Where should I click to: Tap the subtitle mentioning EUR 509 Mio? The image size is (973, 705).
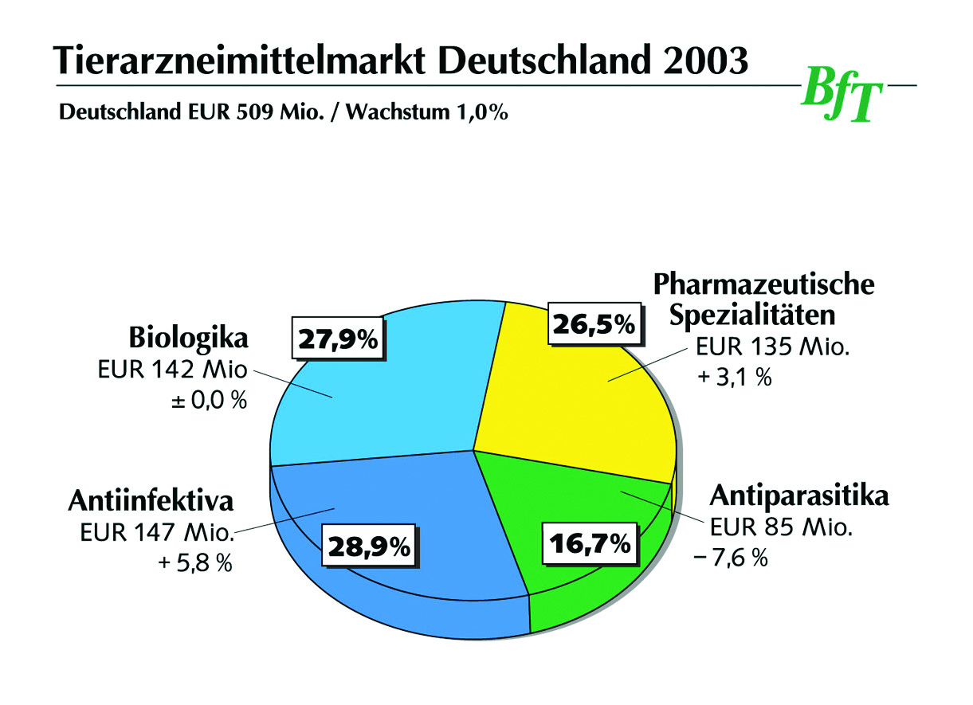point(283,112)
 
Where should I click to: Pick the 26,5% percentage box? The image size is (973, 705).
point(593,323)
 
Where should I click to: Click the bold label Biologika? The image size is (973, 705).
point(189,338)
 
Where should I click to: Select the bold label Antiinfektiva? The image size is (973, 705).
point(151,501)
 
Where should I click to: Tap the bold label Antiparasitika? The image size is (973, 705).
point(798,496)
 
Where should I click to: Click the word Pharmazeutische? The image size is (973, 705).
point(763,284)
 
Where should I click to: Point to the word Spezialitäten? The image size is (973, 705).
point(752,315)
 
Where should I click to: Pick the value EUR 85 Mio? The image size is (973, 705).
point(781,527)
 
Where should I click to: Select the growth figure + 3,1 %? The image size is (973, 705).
point(735,378)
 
